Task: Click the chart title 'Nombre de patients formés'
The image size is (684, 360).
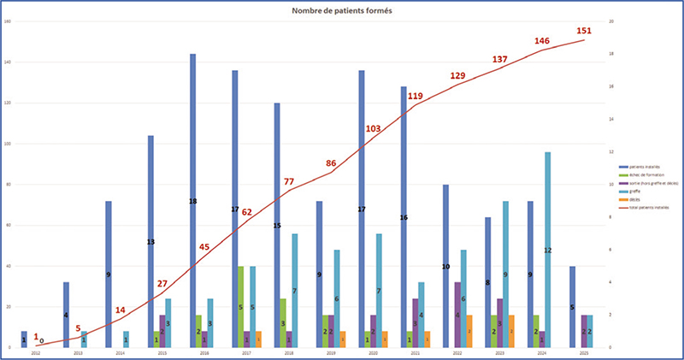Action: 342,10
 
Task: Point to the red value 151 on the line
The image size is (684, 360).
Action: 584,31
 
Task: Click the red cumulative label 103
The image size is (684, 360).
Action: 373,128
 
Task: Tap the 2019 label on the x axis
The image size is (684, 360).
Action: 331,351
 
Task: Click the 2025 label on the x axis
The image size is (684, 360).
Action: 584,351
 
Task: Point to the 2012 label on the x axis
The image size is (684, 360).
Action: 36,351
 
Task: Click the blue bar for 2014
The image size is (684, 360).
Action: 109,274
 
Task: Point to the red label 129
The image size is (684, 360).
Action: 458,77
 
